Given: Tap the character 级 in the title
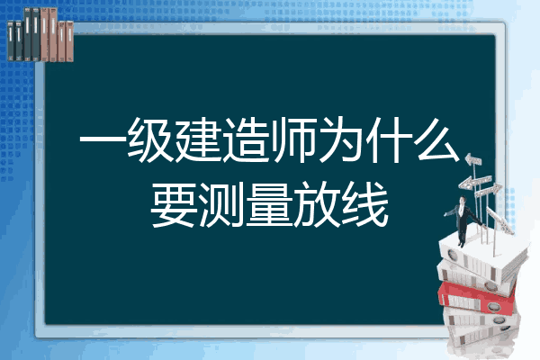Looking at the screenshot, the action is click(150, 140).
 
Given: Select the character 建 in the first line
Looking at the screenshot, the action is click(198, 140).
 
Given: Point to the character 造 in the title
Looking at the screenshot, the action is click(246, 140).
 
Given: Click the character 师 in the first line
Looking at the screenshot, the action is click(293, 140).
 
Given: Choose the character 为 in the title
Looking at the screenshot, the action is click(341, 140).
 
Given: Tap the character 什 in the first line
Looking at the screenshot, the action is click(389, 140).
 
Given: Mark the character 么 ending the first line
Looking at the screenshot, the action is click(437, 140).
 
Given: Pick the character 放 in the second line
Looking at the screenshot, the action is click(317, 204).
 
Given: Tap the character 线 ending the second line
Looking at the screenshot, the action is click(365, 204).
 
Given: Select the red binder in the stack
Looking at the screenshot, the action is click(478, 298).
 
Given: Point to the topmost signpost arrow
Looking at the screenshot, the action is click(472, 160).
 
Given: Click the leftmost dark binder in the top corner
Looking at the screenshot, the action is click(11, 40).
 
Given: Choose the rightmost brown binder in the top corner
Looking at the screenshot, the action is click(69, 41).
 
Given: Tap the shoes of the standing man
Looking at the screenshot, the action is click(461, 244).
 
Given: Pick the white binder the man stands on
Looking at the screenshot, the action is click(482, 257).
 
